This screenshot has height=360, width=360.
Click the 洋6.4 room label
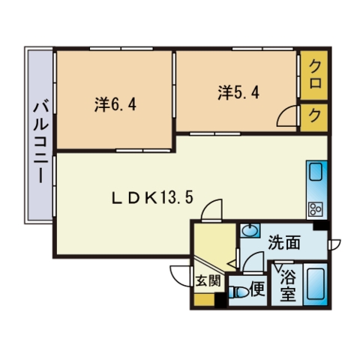point(115,104)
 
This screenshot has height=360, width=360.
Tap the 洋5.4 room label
point(238,92)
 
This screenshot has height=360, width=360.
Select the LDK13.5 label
point(152,198)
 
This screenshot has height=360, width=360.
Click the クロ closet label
point(315,75)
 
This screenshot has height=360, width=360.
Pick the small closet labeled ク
point(315,116)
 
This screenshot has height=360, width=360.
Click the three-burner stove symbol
point(315,209)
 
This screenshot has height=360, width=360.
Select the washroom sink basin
point(250,230)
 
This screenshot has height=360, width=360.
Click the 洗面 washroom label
point(284,242)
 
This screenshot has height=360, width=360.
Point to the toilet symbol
point(239,292)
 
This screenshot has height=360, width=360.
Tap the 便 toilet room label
point(257,289)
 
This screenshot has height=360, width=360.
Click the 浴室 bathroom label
point(288,286)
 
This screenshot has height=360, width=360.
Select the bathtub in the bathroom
point(316,283)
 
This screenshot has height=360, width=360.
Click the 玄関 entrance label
point(208,280)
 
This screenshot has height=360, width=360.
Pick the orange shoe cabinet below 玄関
point(205,299)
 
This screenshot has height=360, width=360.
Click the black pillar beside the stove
point(321,226)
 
